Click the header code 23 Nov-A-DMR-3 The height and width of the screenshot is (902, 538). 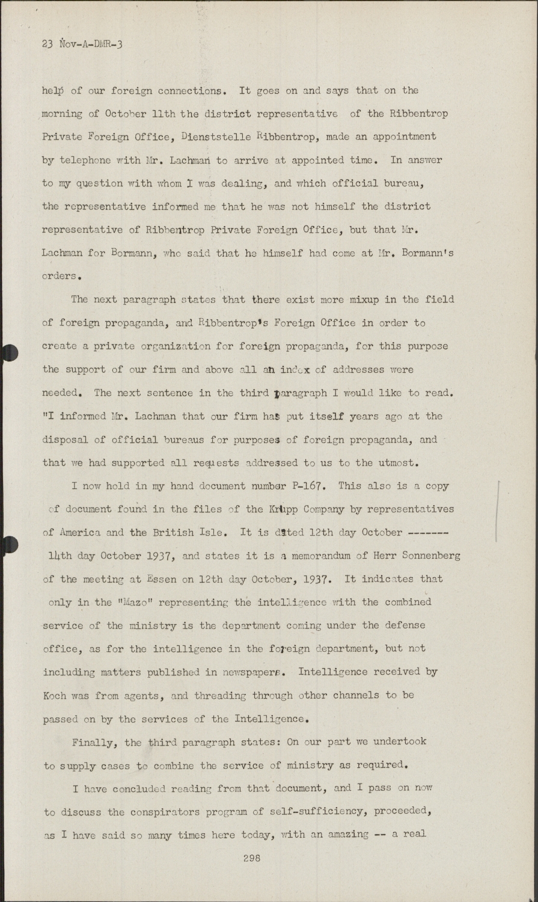tap(82, 44)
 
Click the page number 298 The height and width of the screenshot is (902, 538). tap(251, 859)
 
